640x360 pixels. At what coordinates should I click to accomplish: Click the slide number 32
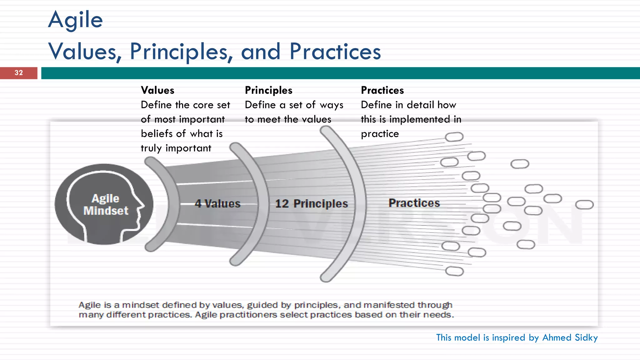pos(19,73)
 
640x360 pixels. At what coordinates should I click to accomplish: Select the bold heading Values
pos(157,90)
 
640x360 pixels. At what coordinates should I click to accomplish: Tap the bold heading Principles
pos(268,90)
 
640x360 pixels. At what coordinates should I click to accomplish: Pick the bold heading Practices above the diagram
pos(382,90)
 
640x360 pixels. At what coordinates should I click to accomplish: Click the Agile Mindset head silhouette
pos(104,204)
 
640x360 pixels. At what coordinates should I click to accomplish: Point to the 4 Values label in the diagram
pos(217,204)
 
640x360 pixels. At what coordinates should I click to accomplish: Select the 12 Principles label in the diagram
pos(311,204)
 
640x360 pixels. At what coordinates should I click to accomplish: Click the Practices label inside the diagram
pos(414,203)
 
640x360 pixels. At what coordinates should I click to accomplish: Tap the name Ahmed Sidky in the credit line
pos(570,337)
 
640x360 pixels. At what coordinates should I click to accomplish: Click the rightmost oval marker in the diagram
pos(584,205)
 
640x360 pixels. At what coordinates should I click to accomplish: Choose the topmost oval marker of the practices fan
pos(454,137)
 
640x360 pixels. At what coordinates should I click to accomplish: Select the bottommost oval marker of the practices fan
pos(454,271)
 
